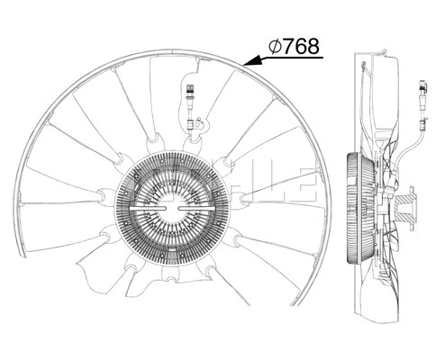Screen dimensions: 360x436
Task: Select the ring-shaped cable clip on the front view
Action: tap(192, 129)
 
